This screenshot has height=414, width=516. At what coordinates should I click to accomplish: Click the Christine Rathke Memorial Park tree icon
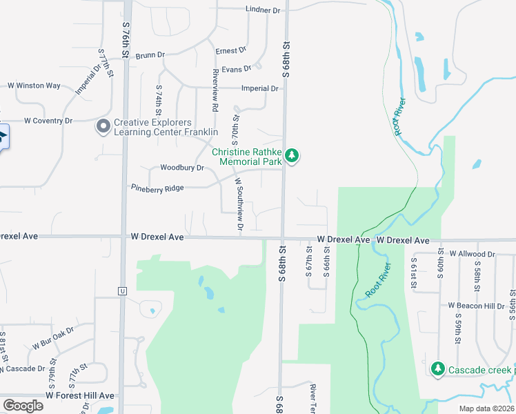[x=292, y=156]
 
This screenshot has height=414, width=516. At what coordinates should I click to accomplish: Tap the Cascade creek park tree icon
[x=437, y=369]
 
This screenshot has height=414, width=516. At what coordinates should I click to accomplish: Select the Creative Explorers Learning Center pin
[x=104, y=126]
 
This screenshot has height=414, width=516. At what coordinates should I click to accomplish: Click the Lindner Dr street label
[x=263, y=10]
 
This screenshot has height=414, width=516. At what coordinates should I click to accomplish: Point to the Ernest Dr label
[x=230, y=51]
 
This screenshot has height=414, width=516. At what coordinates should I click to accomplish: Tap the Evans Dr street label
[x=237, y=68]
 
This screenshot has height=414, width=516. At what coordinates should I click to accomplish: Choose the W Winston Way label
[x=34, y=86]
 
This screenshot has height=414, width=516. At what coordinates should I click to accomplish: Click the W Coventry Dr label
[x=48, y=120]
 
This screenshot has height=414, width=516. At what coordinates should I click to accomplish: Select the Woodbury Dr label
[x=182, y=168]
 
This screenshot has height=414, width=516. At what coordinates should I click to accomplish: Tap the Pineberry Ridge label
[x=157, y=188]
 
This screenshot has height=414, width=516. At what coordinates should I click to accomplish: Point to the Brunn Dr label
[x=150, y=55]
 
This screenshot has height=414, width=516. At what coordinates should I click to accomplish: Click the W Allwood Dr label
[x=472, y=254]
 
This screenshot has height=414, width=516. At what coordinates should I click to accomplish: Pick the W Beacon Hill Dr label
[x=476, y=305]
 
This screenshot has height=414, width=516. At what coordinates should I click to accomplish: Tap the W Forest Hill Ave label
[x=80, y=395]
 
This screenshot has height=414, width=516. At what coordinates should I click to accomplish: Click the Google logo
[x=23, y=406]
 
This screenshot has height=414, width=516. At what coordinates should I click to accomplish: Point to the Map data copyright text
[x=487, y=408]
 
